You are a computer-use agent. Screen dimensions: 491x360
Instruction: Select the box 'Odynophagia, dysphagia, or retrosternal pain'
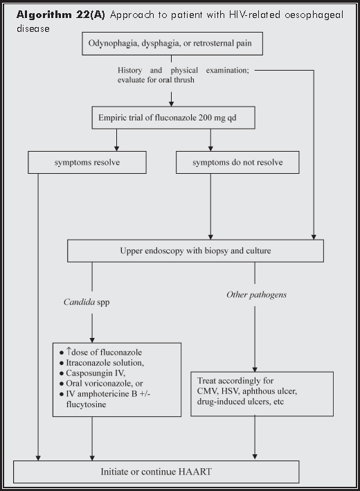pyautogui.click(x=171, y=44)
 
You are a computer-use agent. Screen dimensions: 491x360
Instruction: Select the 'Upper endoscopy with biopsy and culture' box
pyautogui.click(x=195, y=250)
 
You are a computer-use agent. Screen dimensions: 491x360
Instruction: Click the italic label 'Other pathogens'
pyautogui.click(x=256, y=294)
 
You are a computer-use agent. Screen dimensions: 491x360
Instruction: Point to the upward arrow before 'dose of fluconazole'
pyautogui.click(x=72, y=351)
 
